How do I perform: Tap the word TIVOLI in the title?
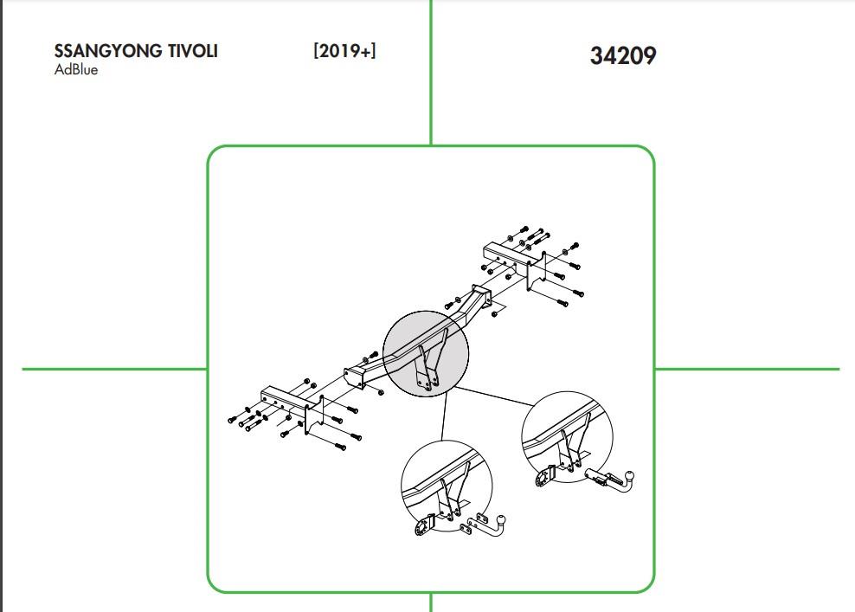(193, 51)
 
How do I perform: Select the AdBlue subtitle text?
(76, 70)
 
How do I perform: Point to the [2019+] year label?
(344, 51)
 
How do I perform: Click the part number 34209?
(623, 55)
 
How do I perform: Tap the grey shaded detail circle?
(426, 353)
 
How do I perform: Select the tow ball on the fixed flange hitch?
(500, 520)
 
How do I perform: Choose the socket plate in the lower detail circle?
(424, 526)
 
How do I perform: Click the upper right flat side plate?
(536, 271)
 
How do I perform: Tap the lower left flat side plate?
(314, 416)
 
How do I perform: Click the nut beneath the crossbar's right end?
(495, 314)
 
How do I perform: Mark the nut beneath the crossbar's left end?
(381, 391)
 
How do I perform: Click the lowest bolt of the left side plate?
(340, 447)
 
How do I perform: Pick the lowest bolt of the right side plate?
(562, 302)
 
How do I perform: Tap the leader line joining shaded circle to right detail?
(494, 396)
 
